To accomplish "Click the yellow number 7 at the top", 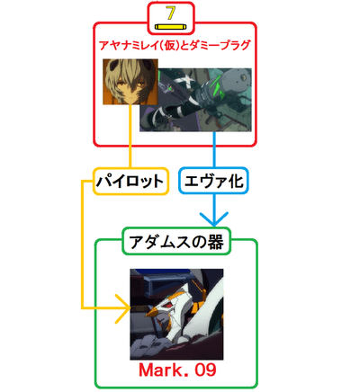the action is [x=171, y=13].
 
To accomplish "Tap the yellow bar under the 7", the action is [x=171, y=27].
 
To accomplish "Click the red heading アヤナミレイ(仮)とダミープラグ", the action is [x=175, y=46].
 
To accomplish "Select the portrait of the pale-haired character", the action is [x=130, y=82].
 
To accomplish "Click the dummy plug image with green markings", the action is [x=195, y=100].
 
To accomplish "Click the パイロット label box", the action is [x=130, y=182].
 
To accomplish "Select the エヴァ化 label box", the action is [x=213, y=181].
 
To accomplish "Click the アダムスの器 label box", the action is [x=176, y=242].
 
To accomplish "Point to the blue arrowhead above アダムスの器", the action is [x=214, y=219].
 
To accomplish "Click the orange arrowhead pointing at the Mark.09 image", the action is [x=123, y=308].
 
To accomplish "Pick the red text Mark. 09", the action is [x=177, y=370].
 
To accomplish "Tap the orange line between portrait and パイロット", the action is [x=130, y=137].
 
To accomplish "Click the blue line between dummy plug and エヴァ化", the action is [x=214, y=149].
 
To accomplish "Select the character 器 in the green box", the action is [x=215, y=242].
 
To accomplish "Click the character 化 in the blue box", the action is [x=235, y=181].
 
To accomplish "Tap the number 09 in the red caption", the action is [x=205, y=370].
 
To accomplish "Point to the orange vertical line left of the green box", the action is [x=82, y=245].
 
